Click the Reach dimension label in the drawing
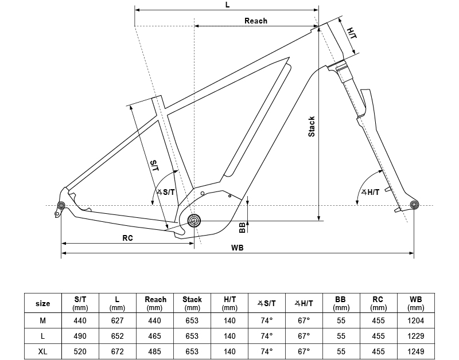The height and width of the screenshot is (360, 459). (x=255, y=21)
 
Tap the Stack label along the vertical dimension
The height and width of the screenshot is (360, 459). (x=312, y=127)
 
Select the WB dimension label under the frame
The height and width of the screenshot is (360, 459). (x=237, y=248)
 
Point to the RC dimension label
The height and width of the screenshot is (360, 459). (x=127, y=237)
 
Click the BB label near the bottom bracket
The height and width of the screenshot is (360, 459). (x=242, y=228)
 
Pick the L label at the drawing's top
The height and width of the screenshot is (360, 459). (x=227, y=5)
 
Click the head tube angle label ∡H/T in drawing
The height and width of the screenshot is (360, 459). (x=370, y=192)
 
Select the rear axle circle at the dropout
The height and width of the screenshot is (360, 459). (x=61, y=205)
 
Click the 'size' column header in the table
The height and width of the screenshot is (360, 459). (x=43, y=303)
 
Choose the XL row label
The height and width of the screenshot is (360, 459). (x=43, y=351)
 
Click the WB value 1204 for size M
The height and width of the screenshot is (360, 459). (x=415, y=320)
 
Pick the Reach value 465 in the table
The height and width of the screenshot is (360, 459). (x=155, y=336)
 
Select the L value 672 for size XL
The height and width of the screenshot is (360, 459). (x=118, y=351)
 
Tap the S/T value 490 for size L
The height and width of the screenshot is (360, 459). (x=80, y=336)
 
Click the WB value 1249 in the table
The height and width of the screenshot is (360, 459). (x=415, y=351)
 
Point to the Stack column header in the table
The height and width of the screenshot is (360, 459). (x=192, y=303)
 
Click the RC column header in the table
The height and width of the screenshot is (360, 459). (x=378, y=303)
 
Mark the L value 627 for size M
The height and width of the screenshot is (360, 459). (x=118, y=320)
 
